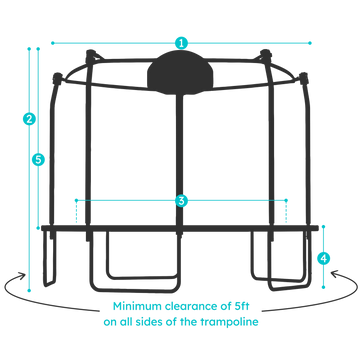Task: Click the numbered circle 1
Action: [x=181, y=43]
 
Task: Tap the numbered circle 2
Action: [x=29, y=119]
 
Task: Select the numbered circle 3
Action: [x=181, y=200]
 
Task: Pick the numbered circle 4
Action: [x=323, y=258]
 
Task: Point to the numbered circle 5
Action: [x=38, y=160]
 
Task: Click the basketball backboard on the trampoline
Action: [x=180, y=72]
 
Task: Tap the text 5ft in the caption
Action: [x=240, y=306]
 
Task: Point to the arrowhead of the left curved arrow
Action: [x=22, y=275]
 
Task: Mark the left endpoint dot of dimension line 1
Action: [x=52, y=43]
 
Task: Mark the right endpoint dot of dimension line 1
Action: [x=310, y=43]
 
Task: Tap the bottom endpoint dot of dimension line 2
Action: [x=29, y=291]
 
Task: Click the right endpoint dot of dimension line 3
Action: [x=286, y=200]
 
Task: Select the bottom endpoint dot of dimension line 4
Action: [x=323, y=287]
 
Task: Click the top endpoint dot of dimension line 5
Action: [x=38, y=49]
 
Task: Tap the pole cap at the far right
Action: [x=303, y=78]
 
